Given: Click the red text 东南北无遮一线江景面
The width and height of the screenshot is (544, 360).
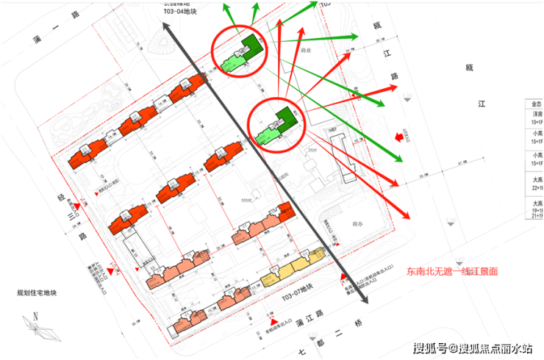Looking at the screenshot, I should [452, 271].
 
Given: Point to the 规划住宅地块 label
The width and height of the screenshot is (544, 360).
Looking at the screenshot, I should [37, 293].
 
